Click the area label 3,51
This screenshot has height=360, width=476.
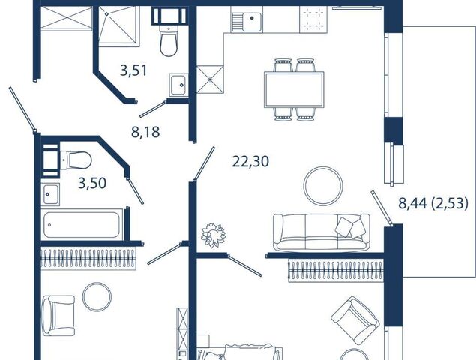tap(133, 70)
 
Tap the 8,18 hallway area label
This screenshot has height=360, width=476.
tap(145, 133)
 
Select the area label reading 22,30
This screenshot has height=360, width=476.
tap(251, 161)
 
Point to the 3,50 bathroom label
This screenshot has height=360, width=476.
tap(92, 183)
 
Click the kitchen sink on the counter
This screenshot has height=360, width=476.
tap(246, 19)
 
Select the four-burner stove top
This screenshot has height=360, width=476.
tap(313, 19)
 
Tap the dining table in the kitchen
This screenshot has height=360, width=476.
tap(294, 89)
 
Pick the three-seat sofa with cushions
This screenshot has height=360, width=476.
tap(321, 232)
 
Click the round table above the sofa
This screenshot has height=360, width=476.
tap(323, 185)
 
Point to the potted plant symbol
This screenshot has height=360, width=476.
tap(214, 235)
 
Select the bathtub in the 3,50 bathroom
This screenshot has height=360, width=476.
tap(82, 224)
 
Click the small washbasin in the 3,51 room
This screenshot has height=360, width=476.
tap(178, 85)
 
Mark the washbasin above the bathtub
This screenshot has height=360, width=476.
tap(50, 194)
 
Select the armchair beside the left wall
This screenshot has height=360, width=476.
tap(58, 315)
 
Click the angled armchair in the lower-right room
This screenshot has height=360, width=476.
tap(355, 318)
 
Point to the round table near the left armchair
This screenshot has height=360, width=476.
tap(97, 296)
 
